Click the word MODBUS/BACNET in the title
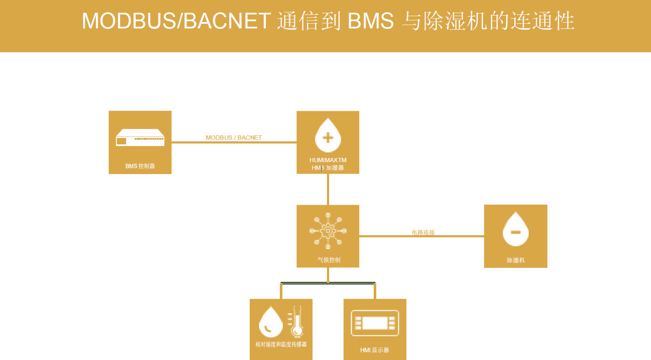pos(176,21)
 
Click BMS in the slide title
pos(370,21)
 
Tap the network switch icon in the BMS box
pos(140,138)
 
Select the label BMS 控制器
pos(140,166)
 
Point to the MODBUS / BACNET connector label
pos(234,138)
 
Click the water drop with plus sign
pos(328,136)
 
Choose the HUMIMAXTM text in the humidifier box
pos(328,160)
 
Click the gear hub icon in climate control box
pos(328,231)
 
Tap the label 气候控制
pos(329,260)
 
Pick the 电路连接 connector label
pos(423,232)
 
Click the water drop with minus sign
pos(516,230)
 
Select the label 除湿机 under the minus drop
pos(516,260)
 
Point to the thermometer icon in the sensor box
pos(296,321)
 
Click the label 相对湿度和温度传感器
pos(281,344)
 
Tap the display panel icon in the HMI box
pos(375,323)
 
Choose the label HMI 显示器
pos(375,350)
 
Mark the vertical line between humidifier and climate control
pos(328,189)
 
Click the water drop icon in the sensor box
pos(271,322)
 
